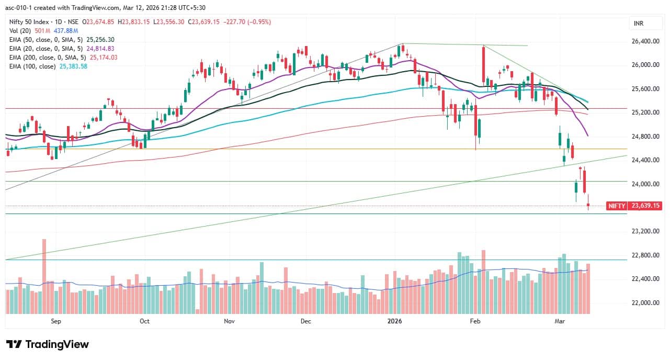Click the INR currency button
pyautogui.click(x=639, y=24)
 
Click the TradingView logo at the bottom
pyautogui.click(x=48, y=344)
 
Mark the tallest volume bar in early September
pyautogui.click(x=44, y=276)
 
